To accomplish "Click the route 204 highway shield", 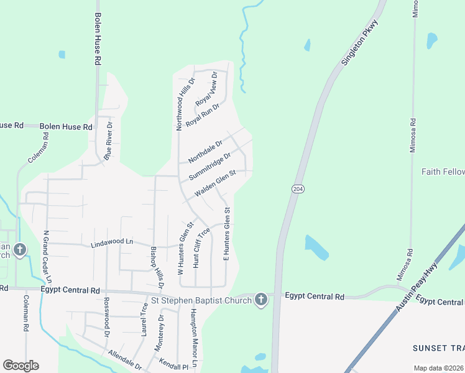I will tap(298, 188).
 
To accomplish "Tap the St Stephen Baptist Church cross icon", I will tap(261, 300).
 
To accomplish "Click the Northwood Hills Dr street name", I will tap(184, 104).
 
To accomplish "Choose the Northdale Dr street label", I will tap(205, 152).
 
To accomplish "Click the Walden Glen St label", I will tap(214, 184).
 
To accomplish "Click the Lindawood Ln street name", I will tap(113, 241).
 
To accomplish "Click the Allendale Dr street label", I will tap(125, 360).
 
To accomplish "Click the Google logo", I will tap(21, 366).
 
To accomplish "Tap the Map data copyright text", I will tap(438, 368).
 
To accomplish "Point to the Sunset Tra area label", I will tap(438, 347).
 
